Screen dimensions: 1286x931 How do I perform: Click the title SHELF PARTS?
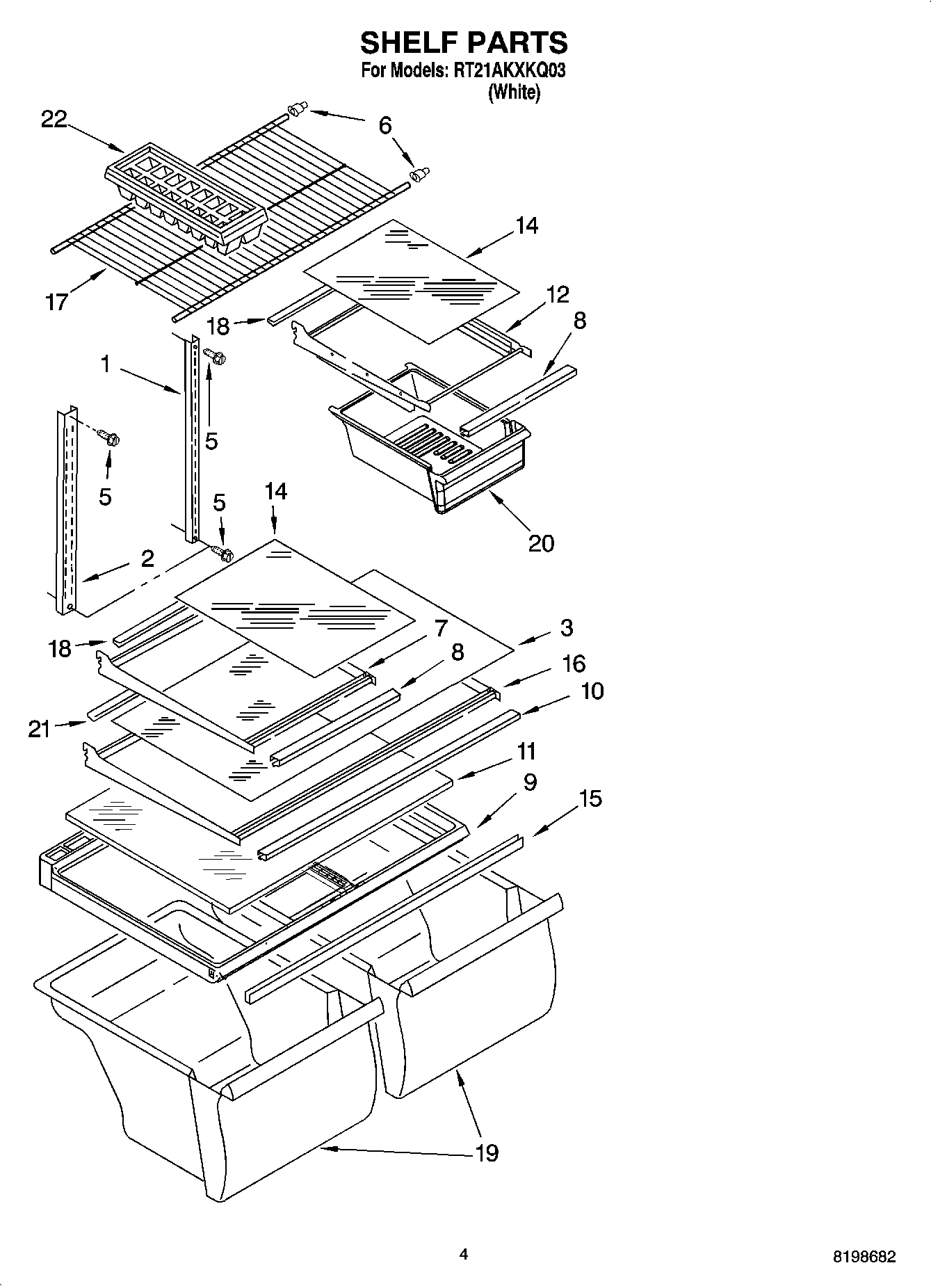464,43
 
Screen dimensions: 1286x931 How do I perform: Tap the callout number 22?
54,120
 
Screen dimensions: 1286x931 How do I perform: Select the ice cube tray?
186,196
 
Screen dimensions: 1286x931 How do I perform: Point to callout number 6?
385,125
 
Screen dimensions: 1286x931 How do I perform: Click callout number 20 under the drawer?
541,542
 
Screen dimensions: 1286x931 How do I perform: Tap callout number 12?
557,294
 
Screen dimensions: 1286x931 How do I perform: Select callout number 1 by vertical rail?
105,364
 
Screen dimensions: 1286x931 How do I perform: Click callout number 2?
147,558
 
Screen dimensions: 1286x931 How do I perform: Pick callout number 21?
40,729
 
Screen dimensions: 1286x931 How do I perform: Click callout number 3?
566,627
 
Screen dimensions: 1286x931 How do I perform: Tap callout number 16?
574,664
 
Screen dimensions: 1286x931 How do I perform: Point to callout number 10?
592,691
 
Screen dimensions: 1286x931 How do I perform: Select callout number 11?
526,751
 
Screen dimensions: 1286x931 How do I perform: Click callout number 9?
530,782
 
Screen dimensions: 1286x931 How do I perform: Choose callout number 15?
590,798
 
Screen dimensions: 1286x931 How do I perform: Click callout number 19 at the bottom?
487,1152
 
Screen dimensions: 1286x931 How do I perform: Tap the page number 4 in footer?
464,1254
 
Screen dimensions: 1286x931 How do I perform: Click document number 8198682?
864,1256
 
